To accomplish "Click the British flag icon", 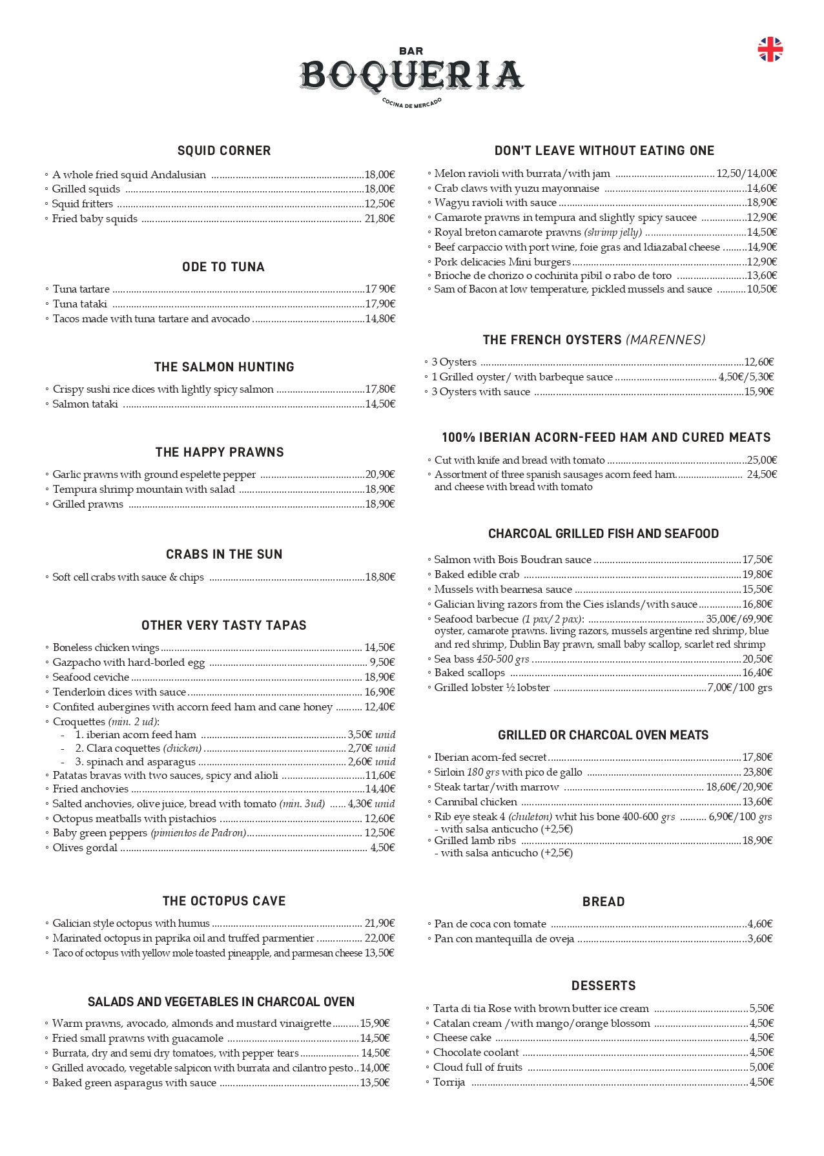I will pos(770,50).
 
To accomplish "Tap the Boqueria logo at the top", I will pos(411,76).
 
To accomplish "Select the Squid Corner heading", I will pos(224,150).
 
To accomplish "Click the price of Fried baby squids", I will pos(380,219).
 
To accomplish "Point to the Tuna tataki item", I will pos(80,304).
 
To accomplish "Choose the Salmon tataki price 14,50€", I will pos(380,404).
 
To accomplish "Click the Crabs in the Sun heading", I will pos(224,554).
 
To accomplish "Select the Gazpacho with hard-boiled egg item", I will pos(129,662).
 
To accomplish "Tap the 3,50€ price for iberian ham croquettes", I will pos(360,734).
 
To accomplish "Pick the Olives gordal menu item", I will pos(85,847).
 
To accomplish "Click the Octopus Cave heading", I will pos(224,901).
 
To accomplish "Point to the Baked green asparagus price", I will pos(375,1082).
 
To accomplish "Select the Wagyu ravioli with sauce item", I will pos(495,203).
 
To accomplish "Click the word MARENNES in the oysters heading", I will pos(666,340).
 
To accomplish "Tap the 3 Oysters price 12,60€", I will pos(759,362).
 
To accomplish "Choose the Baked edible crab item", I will pos(477,574).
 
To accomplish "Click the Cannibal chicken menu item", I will pos(475,801).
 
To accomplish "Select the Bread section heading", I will pos(603,902).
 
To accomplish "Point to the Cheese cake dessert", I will pos(462,1037).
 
